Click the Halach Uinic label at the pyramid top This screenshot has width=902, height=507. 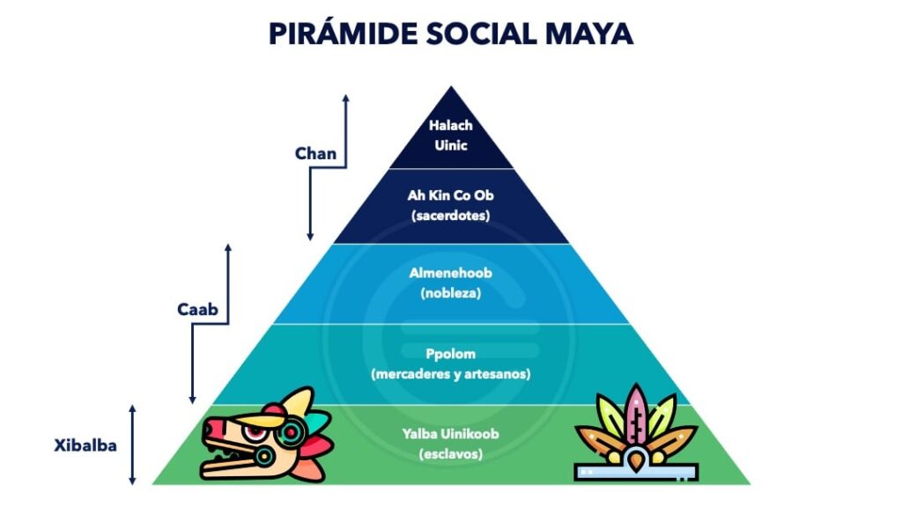point(451,135)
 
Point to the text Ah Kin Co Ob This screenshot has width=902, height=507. point(450,195)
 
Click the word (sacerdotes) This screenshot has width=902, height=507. point(450,216)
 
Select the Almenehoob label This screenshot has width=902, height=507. point(450,273)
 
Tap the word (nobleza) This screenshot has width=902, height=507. point(450,293)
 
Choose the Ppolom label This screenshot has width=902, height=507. point(450,354)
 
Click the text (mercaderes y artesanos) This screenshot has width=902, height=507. point(450,374)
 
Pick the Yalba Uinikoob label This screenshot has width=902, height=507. point(450,434)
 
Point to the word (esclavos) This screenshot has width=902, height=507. point(450,454)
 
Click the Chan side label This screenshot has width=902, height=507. point(315,153)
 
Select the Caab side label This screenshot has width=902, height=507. point(197,309)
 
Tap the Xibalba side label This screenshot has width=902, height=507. point(85,445)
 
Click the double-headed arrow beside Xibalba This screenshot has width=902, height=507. point(132,445)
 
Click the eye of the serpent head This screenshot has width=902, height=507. point(253,431)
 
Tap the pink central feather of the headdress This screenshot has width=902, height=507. point(636,414)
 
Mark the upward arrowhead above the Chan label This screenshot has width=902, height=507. point(345,99)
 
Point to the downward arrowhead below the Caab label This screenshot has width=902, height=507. point(192,400)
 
